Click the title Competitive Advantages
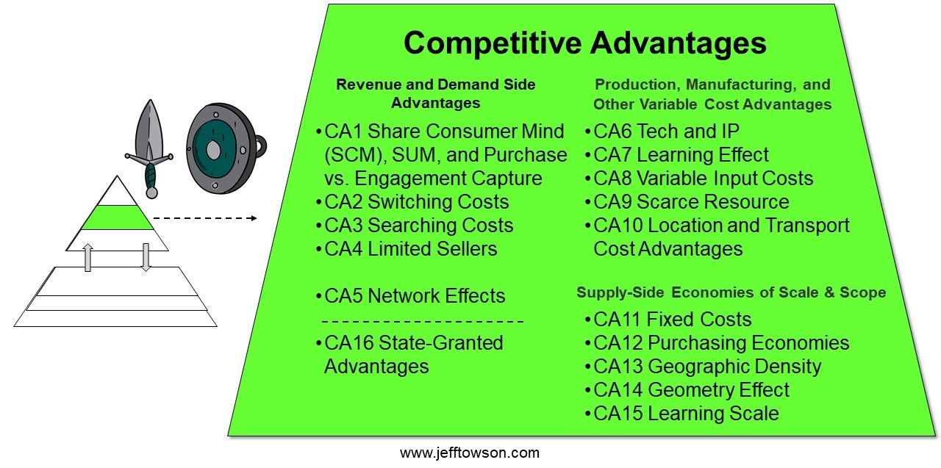coord(584,43)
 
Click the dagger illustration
coord(149,148)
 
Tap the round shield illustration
coord(226,148)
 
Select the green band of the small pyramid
coord(117,217)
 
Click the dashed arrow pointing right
coord(205,218)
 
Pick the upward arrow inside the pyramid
coord(87,257)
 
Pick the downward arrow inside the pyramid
coord(146,257)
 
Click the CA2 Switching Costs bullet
coord(412,202)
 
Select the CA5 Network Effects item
coord(410,296)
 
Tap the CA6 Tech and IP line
coord(662,132)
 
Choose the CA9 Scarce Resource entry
coord(687,202)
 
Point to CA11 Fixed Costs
coord(668,320)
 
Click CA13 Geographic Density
coord(703,367)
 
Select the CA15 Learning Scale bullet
coord(681,414)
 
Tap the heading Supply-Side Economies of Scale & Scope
coord(731,292)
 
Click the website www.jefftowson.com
coord(470,453)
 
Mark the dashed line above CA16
coord(423,322)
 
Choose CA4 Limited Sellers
coord(407,249)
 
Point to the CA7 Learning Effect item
coord(677,155)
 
